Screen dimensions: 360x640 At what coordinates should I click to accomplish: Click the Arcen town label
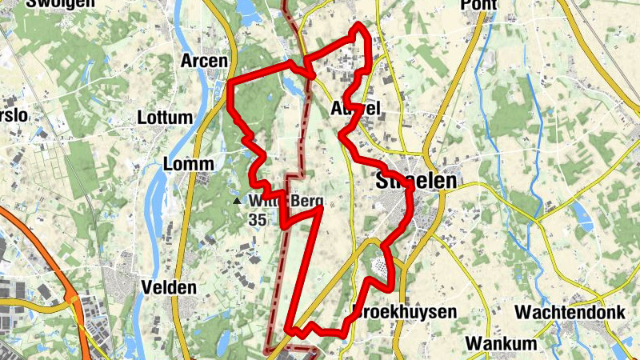(204, 61)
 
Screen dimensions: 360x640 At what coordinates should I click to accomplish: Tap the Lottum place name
(166, 118)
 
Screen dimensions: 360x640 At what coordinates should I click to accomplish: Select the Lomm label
(188, 164)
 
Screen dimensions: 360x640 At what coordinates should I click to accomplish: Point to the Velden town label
(168, 287)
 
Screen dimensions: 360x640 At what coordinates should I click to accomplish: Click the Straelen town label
(416, 182)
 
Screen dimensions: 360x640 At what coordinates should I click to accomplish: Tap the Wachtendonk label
(570, 312)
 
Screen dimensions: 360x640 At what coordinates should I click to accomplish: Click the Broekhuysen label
(404, 311)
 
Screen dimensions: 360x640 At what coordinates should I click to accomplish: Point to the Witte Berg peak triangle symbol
(237, 201)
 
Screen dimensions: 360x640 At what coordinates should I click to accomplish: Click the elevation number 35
(257, 218)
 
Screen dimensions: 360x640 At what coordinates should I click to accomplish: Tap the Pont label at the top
(478, 5)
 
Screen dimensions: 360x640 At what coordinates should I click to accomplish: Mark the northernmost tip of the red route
(358, 26)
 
